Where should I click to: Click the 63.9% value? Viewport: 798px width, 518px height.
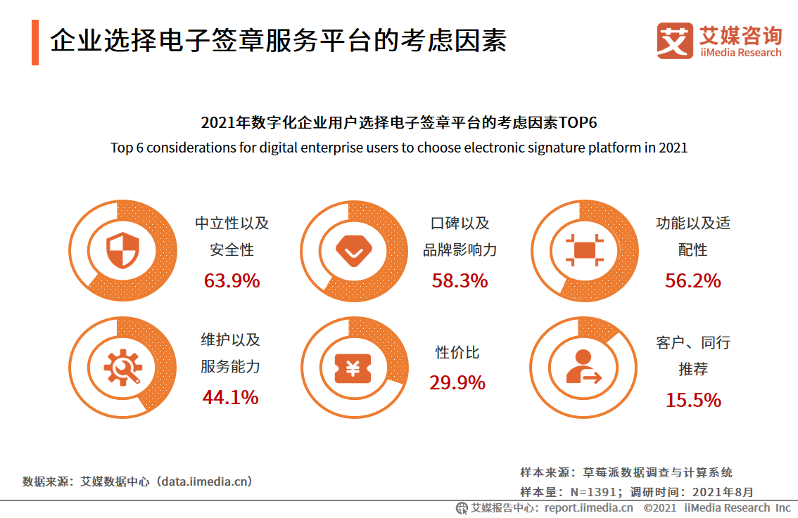click(232, 281)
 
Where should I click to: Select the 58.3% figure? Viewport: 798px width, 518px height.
click(460, 281)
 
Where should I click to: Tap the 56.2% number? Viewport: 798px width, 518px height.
click(692, 281)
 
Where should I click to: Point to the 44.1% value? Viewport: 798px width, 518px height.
click(230, 398)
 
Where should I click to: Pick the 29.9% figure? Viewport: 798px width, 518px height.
click(457, 383)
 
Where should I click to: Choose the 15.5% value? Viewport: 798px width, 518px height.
click(693, 401)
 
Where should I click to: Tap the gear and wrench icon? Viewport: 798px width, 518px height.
click(122, 368)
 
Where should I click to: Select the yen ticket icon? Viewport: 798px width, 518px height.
click(353, 368)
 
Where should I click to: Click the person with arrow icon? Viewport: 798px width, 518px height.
click(583, 368)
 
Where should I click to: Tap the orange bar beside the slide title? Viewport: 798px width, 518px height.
click(35, 42)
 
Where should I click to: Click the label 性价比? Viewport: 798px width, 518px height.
click(457, 353)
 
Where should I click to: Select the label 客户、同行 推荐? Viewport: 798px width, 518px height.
click(693, 356)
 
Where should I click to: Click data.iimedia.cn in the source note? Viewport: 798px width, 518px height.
click(204, 482)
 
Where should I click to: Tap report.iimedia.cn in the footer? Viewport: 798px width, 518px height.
click(588, 508)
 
